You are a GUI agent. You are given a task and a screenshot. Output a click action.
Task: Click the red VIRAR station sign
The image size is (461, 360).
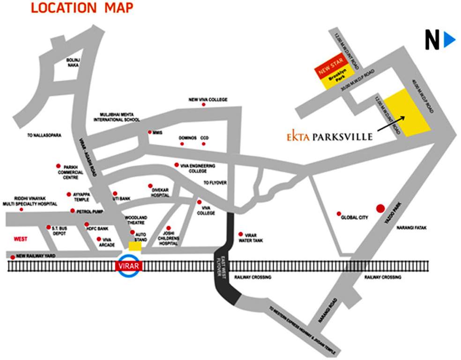[128, 266]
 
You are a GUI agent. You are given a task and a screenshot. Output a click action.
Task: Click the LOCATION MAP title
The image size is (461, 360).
[82, 8]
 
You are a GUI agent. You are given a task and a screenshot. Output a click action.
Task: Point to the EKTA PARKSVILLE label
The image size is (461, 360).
[330, 137]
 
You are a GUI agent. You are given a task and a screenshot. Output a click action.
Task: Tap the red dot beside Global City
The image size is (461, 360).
[339, 214]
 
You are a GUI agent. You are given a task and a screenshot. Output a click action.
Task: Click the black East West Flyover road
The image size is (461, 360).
[224, 267]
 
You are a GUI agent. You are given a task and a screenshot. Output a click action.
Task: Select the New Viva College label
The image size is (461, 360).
[208, 99]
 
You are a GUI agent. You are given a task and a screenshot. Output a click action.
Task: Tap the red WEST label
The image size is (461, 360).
[20, 239]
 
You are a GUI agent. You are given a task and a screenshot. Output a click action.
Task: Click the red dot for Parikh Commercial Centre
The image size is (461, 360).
[59, 166]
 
